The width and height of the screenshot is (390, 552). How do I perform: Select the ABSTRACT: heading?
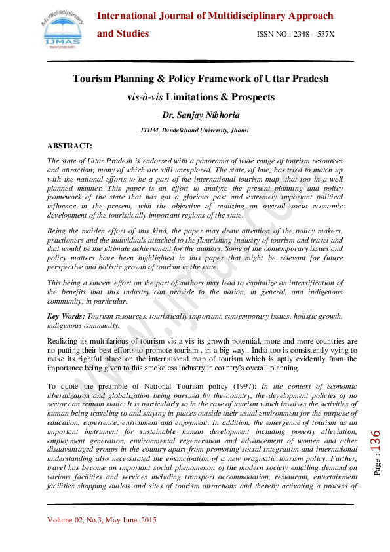pyautogui.click(x=70, y=145)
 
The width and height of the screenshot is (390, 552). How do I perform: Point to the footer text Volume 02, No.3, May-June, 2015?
pyautogui.click(x=102, y=521)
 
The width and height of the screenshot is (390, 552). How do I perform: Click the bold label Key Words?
pyautogui.click(x=66, y=316)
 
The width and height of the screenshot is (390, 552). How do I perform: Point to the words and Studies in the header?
pyautogui.click(x=123, y=33)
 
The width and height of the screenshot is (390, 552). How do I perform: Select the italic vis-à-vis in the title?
pyautogui.click(x=146, y=97)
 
